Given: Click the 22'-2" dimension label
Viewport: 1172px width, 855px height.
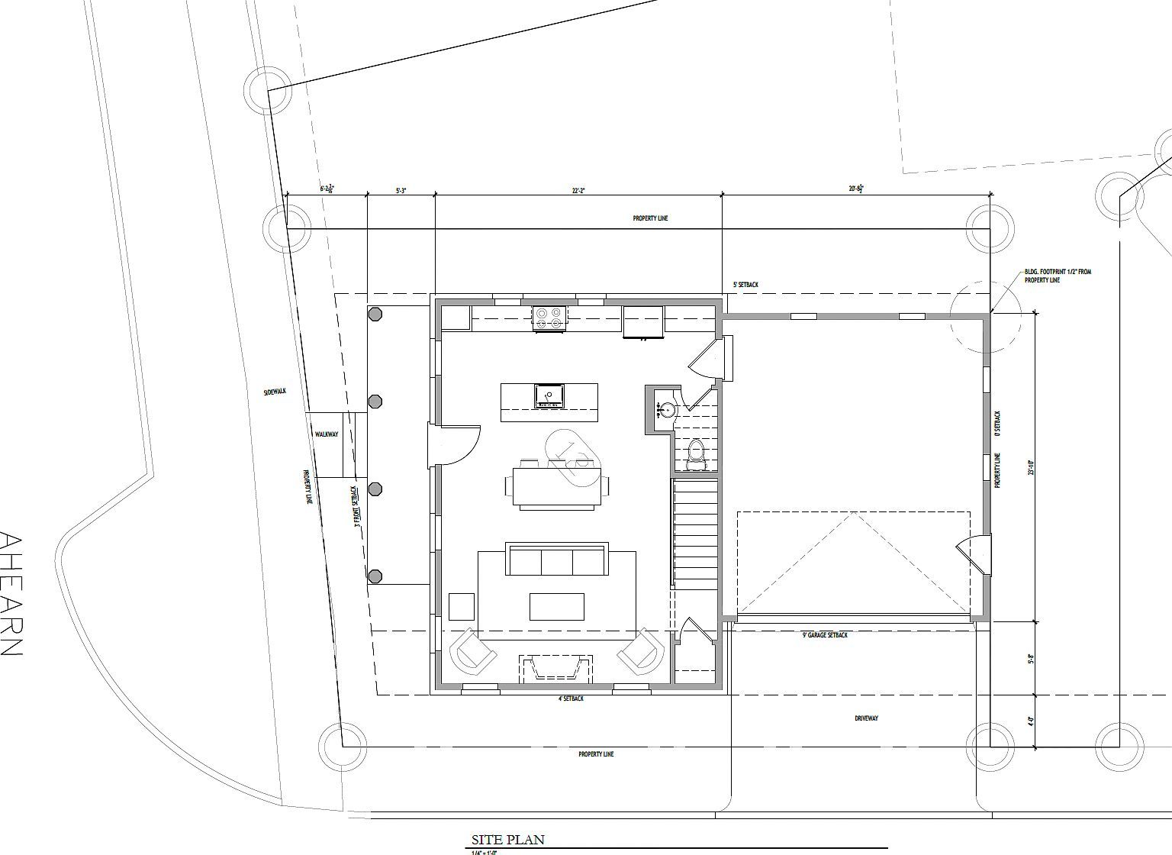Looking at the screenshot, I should pos(578,191).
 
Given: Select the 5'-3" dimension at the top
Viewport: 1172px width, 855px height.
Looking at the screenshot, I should pos(401,191).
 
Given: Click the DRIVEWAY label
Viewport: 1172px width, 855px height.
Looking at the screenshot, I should pos(866,718).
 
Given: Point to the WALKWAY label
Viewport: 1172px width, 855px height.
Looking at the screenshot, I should pos(327,434).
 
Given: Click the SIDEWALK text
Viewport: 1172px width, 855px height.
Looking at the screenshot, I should pos(274,392).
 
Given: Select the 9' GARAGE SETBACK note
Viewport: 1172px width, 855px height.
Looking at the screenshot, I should pos(825,634).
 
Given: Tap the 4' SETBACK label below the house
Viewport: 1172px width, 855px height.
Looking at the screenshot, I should pos(571,699).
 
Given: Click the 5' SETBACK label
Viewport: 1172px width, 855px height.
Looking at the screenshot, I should pos(745,285).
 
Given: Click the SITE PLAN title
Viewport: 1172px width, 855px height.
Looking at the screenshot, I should pos(508,840).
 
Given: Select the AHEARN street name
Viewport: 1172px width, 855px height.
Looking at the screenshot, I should pos(11,594).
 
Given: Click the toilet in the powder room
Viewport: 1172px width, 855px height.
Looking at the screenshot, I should pos(696,453).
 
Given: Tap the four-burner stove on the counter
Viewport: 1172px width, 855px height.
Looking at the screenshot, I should pos(549,318).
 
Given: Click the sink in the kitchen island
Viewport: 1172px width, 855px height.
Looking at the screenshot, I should pos(549,395).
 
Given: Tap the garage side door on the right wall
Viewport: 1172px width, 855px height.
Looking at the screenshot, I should pos(971,553).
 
